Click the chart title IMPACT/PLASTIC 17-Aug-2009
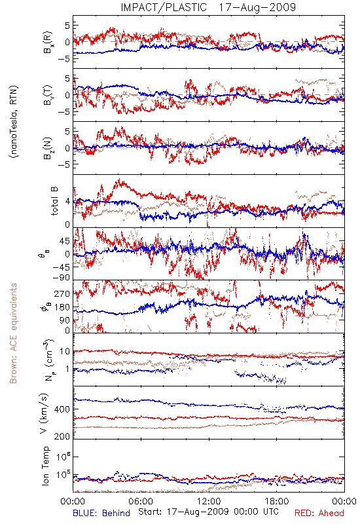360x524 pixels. tap(208, 7)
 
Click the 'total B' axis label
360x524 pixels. tap(54, 201)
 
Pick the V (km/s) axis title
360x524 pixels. tap(44, 413)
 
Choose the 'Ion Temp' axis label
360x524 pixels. tap(45, 466)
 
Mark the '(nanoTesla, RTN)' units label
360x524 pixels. tap(14, 122)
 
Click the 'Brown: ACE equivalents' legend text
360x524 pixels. tap(13, 333)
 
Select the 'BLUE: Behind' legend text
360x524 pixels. tap(101, 513)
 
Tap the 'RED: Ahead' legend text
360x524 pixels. tap(319, 513)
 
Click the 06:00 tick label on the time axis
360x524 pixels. tap(141, 501)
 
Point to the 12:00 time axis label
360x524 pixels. tap(209, 501)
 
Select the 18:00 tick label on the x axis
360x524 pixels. tap(277, 501)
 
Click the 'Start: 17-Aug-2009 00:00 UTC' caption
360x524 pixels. tap(208, 512)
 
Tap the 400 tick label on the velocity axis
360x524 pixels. tap(62, 409)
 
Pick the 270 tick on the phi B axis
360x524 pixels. tap(62, 293)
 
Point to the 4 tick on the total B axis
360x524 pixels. tap(68, 202)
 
